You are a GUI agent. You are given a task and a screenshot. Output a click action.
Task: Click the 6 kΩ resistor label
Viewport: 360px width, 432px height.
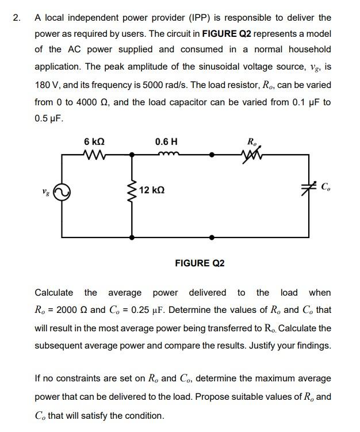(94, 142)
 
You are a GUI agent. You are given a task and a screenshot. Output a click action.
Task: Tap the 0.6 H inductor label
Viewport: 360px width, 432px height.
(166, 142)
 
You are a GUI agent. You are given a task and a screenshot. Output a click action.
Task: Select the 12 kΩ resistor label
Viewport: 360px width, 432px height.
(152, 190)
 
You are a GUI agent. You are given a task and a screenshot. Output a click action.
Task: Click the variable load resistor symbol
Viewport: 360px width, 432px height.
(251, 154)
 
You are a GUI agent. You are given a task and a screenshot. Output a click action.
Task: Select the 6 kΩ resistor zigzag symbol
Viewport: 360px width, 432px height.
(94, 154)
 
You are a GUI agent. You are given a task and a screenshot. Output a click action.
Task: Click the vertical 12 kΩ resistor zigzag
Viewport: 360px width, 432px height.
(133, 190)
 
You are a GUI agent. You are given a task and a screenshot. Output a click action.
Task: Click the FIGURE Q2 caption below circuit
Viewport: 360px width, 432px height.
(200, 263)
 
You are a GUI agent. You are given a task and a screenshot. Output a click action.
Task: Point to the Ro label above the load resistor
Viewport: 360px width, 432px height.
(252, 142)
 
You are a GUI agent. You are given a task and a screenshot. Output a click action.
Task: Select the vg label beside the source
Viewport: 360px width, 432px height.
(44, 191)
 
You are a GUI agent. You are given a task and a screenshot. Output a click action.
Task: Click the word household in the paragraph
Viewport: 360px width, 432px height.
(309, 49)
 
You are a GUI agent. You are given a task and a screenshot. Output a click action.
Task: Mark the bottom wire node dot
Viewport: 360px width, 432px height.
(212, 236)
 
